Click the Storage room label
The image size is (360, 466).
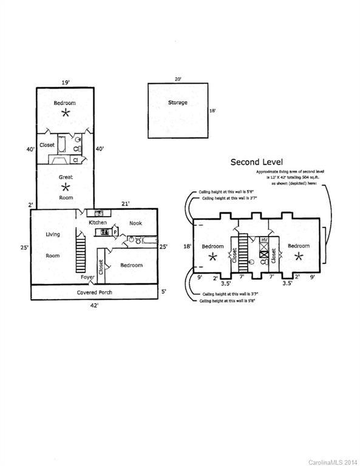[177, 103]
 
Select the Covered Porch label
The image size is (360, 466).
[94, 292]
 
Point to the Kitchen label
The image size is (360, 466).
[98, 223]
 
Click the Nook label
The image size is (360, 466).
[135, 223]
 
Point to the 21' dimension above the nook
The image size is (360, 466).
[124, 204]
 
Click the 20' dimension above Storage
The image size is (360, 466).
[177, 79]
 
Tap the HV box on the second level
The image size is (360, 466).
[263, 241]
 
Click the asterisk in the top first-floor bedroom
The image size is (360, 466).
[66, 113]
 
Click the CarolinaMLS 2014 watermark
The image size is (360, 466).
[333, 462]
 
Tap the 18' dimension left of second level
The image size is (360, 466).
[188, 246]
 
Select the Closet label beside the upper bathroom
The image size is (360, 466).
[47, 145]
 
